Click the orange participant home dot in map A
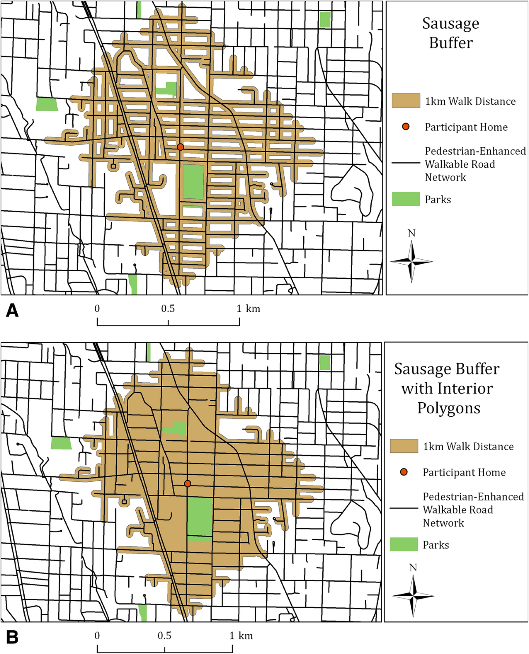(x=180, y=147)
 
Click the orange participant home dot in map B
(x=187, y=484)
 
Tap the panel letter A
(x=12, y=311)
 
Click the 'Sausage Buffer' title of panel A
(x=451, y=33)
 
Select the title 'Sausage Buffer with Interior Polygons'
(x=447, y=389)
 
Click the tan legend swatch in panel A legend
(x=406, y=101)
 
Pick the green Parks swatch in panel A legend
(x=406, y=199)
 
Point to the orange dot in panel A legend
(x=406, y=127)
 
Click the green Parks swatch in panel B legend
(x=404, y=544)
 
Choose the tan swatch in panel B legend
(x=404, y=446)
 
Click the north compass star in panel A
(x=411, y=262)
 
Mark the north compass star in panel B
(x=413, y=596)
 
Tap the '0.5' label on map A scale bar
(x=168, y=309)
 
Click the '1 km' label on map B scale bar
(x=241, y=635)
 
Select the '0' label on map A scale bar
(x=97, y=309)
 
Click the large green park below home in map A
(x=193, y=181)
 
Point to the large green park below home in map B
(x=200, y=517)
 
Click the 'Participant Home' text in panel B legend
(x=464, y=472)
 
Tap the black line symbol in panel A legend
(x=406, y=163)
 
